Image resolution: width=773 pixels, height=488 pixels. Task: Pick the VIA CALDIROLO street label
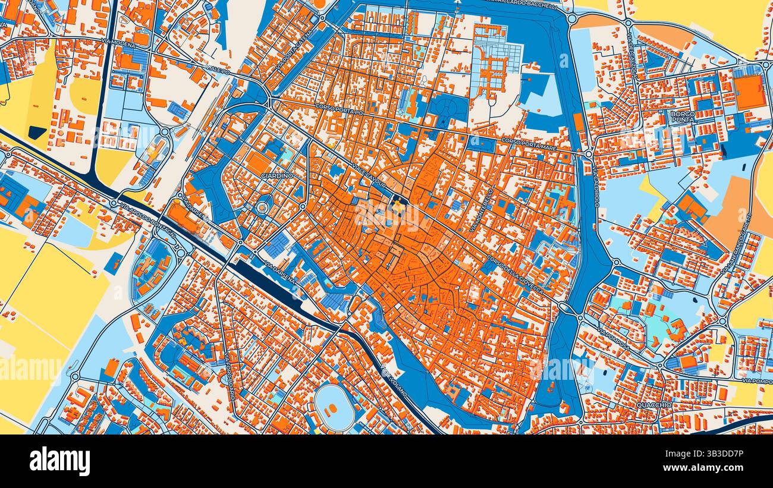tap(595, 187)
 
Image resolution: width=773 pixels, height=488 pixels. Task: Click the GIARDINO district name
tap(277, 176)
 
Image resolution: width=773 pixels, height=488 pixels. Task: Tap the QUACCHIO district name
tap(653, 405)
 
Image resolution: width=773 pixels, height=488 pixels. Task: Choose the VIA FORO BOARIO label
tap(230, 376)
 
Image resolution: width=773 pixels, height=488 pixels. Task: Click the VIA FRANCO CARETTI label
tap(740, 243)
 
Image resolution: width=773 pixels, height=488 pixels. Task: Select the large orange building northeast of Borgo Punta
tap(748, 92)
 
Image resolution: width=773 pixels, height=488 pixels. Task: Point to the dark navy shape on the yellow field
tap(37, 133)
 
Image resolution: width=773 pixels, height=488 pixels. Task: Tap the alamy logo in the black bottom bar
tap(60, 461)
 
